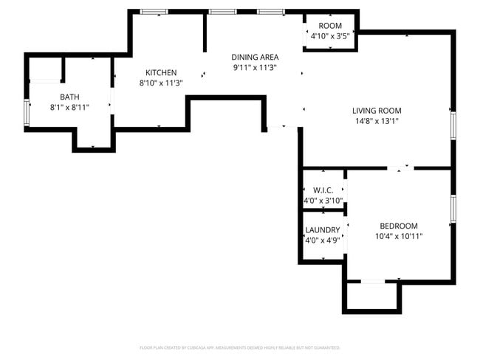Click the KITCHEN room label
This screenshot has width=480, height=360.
coord(160,72)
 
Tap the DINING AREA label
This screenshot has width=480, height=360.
coord(254,57)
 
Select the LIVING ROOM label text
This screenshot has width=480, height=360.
coord(376,111)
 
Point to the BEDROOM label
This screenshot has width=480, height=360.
coord(398,226)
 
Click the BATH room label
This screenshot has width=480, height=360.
coord(69,97)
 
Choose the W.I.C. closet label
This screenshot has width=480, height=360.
coord(322,190)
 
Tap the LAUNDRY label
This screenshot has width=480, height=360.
coord(322,230)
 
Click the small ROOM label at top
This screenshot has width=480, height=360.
coord(330,25)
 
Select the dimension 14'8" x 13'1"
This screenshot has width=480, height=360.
coord(376,121)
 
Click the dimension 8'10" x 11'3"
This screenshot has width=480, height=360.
coord(160,83)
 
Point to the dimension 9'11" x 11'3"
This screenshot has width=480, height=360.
coord(254,67)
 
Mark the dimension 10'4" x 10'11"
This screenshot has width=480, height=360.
coord(398,236)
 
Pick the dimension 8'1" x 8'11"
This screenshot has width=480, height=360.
coord(69,107)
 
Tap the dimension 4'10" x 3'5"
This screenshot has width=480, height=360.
coord(330,35)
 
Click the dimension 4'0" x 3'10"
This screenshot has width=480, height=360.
coord(322,201)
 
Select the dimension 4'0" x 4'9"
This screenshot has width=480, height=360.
coord(322,240)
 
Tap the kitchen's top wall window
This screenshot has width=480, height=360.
coord(154,12)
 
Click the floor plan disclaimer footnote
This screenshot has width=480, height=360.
coord(239,347)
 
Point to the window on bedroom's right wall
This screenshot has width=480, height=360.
coord(453,210)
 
